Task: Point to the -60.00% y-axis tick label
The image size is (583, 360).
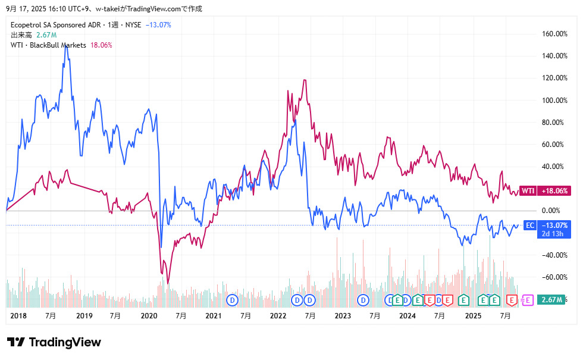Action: click(553, 277)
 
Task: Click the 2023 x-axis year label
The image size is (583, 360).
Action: click(342, 316)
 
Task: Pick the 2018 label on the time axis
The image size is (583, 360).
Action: click(19, 316)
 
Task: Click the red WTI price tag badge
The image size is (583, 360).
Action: click(528, 191)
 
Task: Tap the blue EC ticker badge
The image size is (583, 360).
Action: click(529, 225)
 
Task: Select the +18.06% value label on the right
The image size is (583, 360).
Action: click(554, 191)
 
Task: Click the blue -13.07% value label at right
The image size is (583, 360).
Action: click(554, 225)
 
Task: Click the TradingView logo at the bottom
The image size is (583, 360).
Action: click(54, 342)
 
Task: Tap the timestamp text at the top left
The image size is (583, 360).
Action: click(104, 8)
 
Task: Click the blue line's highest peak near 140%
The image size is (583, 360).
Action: click(66, 46)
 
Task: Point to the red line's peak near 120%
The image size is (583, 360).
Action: click(305, 80)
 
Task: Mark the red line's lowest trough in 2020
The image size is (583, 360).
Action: click(168, 283)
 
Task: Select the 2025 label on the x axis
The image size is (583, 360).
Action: click(472, 316)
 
